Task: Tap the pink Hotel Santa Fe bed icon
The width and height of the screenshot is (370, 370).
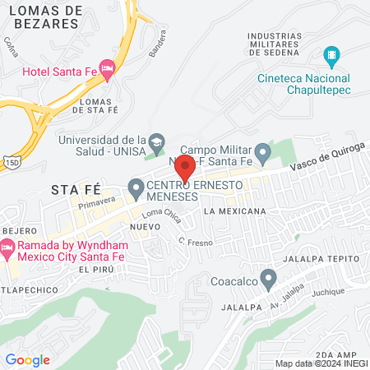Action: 105,67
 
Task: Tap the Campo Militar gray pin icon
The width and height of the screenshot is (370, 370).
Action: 262,152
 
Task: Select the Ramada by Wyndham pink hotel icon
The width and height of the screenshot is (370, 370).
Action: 7,247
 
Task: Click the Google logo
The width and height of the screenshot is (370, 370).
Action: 27,360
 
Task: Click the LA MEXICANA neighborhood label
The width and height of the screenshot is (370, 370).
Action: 235,211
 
